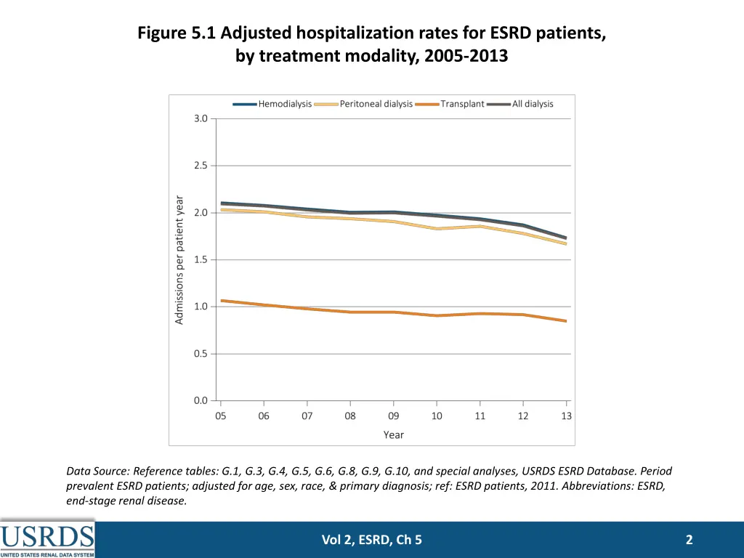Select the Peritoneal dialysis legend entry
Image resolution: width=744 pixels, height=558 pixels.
click(x=365, y=104)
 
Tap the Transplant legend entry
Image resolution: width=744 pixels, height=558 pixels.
click(x=451, y=104)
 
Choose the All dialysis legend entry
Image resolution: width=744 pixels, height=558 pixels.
click(x=521, y=104)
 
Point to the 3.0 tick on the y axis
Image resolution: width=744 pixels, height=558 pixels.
click(x=201, y=118)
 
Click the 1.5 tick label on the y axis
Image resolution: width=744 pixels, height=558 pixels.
click(x=201, y=259)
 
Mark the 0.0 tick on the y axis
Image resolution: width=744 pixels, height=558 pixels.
click(x=201, y=400)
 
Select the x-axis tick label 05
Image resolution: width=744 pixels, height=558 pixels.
click(x=220, y=416)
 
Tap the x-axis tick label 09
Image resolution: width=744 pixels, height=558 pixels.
click(x=394, y=416)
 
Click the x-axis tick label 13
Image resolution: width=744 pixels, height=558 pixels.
click(x=567, y=416)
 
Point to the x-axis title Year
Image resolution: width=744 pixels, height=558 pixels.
click(x=394, y=434)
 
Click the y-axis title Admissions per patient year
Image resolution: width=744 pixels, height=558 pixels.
click(x=179, y=259)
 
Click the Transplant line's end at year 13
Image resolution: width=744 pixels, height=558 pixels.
click(x=566, y=321)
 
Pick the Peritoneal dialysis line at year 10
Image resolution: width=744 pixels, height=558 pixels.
click(x=437, y=229)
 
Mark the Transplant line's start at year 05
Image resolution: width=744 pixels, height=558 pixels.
click(x=221, y=300)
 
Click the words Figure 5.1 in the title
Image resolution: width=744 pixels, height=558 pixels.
click(x=177, y=33)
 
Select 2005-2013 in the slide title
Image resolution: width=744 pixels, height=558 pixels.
click(x=463, y=57)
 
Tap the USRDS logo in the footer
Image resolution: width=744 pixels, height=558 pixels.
click(x=47, y=538)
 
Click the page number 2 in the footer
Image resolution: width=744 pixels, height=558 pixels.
click(x=689, y=539)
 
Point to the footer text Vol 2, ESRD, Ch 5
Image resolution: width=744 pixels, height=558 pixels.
click(x=371, y=539)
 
